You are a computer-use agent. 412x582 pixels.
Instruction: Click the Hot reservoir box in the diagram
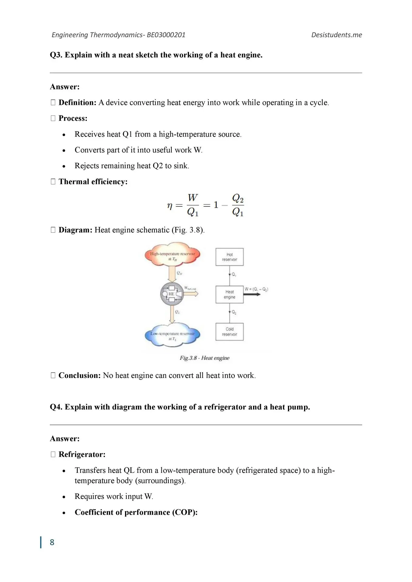(x=229, y=257)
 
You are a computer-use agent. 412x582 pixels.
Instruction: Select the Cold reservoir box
(x=229, y=332)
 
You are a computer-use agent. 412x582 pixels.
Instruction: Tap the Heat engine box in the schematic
(x=229, y=294)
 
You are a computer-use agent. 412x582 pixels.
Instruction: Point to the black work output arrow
(x=252, y=294)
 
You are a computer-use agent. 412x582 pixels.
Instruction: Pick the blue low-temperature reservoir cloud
(x=172, y=335)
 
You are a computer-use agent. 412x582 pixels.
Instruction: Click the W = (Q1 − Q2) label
(x=256, y=289)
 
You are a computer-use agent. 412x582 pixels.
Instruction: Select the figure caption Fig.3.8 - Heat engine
(x=204, y=358)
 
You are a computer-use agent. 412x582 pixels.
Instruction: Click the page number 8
(x=52, y=542)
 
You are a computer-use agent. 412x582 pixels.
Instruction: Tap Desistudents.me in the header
(x=336, y=35)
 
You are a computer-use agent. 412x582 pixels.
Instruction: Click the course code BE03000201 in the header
(x=166, y=35)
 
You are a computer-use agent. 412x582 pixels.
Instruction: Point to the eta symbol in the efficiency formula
(x=170, y=206)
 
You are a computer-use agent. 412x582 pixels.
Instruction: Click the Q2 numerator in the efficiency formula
(x=238, y=199)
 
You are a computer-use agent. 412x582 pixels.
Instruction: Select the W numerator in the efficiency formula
(x=193, y=198)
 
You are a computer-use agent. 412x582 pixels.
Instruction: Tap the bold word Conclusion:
(x=79, y=375)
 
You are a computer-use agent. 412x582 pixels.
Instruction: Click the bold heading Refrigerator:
(x=82, y=454)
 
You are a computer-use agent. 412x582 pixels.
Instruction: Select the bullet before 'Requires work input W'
(x=64, y=497)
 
